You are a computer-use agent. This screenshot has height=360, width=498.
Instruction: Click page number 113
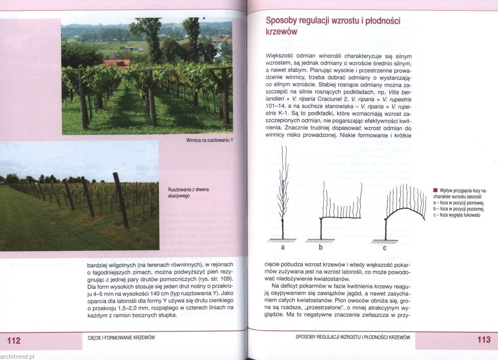[x=484, y=340]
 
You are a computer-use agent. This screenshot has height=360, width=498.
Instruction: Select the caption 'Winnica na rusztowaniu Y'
[x=210, y=140]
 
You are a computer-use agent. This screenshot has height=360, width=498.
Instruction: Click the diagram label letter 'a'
[x=283, y=247]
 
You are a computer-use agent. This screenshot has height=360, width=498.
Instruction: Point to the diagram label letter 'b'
[x=320, y=248]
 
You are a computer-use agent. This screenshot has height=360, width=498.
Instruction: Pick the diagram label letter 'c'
[x=384, y=248]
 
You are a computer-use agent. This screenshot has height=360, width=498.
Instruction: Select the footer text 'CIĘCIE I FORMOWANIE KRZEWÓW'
[x=119, y=338]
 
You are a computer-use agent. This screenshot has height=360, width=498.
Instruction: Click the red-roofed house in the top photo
[x=116, y=63]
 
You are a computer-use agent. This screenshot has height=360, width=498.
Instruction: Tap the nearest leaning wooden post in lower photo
[x=121, y=199]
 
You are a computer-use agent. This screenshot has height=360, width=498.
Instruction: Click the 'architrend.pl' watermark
[x=17, y=356]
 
